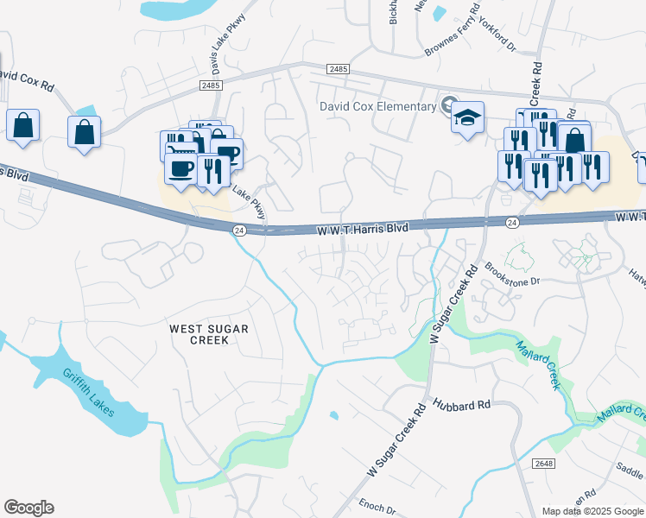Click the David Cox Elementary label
[x=377, y=107]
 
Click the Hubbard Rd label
[x=462, y=404]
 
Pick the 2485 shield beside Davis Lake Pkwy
[x=210, y=85]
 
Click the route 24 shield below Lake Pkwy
[x=239, y=230]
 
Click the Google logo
[x=28, y=508]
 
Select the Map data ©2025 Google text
[x=592, y=511]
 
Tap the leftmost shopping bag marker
[x=22, y=126]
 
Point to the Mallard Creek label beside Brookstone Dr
[x=538, y=365]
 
